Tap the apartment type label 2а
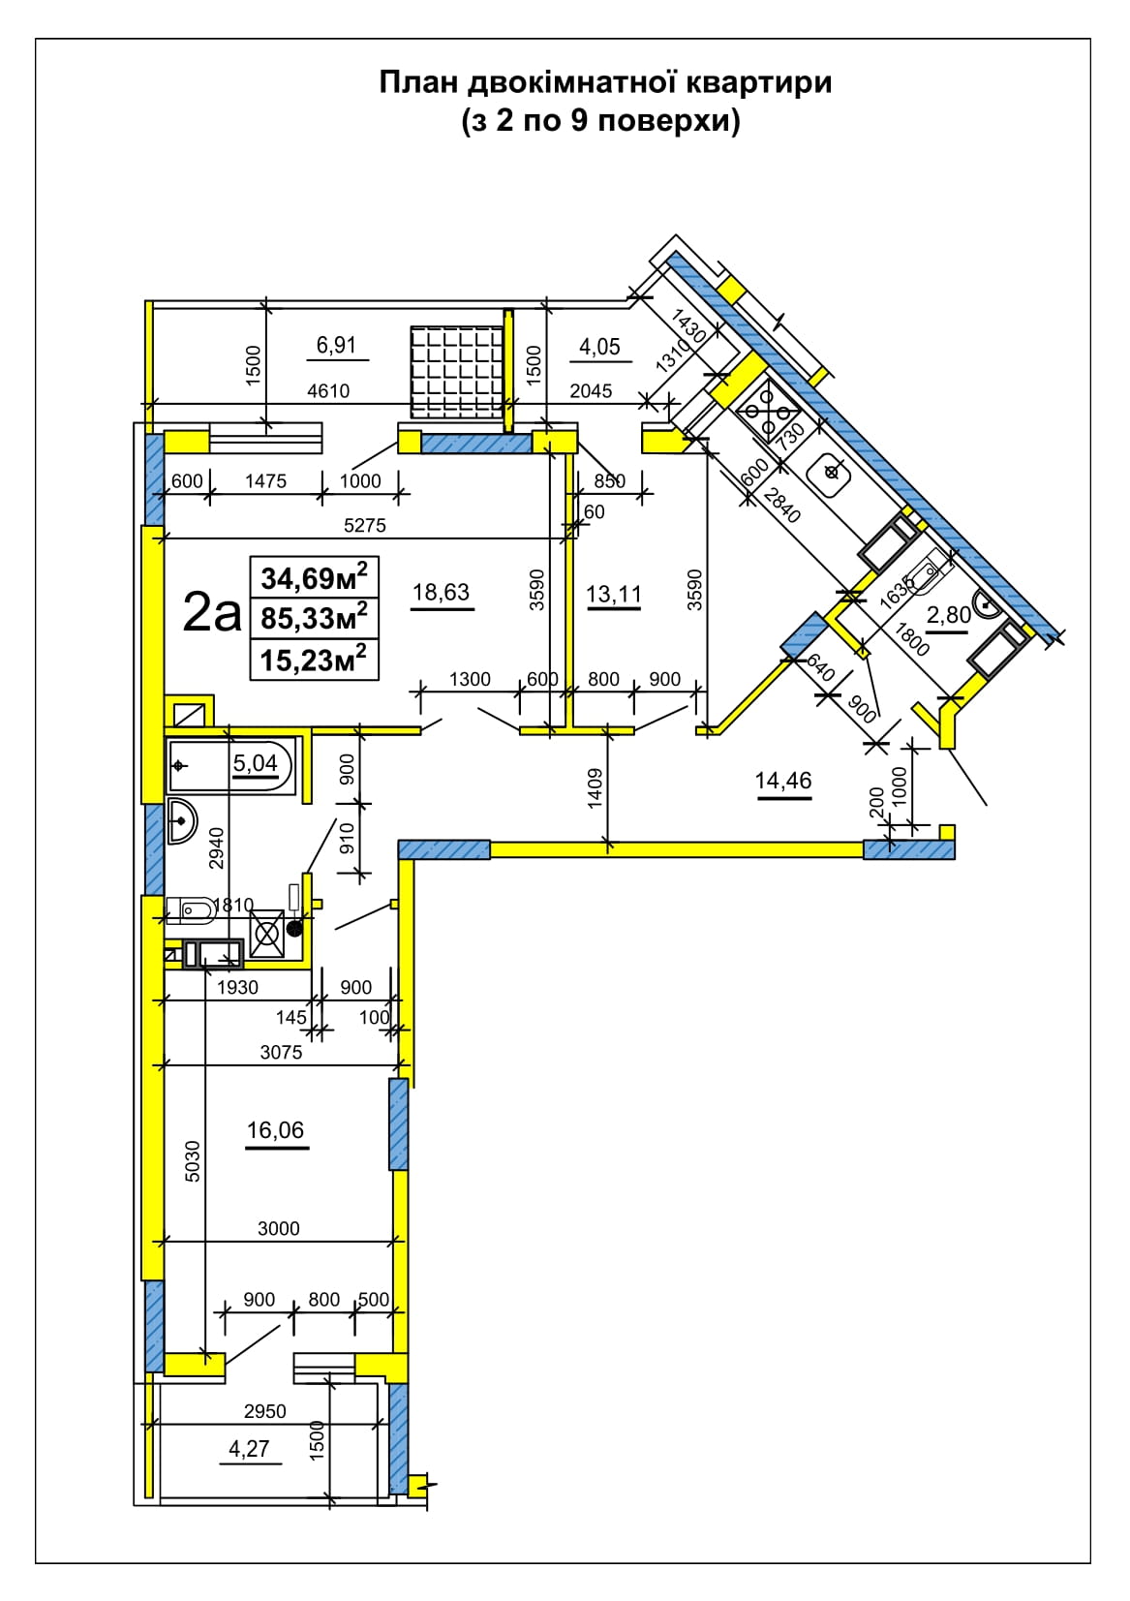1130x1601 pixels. [212, 612]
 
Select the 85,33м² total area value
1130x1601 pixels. [315, 618]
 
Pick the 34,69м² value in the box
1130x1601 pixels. [315, 577]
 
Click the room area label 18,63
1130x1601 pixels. [441, 593]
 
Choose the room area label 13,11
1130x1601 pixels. [614, 594]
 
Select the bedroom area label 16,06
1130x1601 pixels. [275, 1130]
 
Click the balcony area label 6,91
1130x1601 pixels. [336, 345]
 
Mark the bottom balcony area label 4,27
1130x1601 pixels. [249, 1449]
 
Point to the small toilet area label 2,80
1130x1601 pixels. [949, 615]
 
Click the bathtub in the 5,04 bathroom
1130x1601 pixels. [230, 765]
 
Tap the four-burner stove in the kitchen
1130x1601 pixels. [769, 413]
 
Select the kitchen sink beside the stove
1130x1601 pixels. [829, 473]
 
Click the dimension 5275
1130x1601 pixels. [364, 525]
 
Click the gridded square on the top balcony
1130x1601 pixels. [457, 372]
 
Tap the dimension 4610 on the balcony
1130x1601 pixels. [328, 391]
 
